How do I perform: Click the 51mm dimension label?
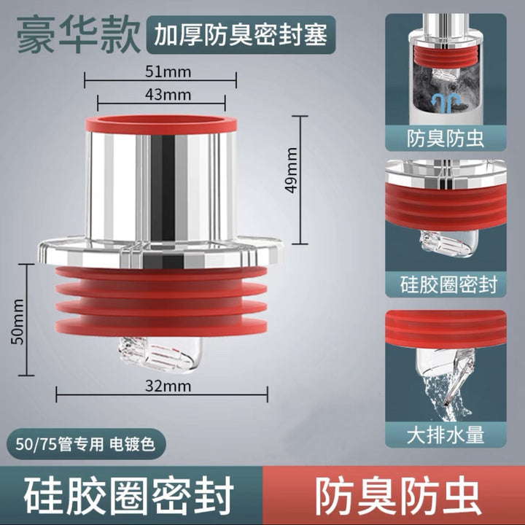pos(168,72)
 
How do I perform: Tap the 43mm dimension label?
pos(168,95)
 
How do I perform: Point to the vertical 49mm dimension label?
pos(291,170)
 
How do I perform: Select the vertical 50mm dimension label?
pos(17,322)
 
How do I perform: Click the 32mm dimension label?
pos(168,386)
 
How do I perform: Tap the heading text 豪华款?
pos(79,36)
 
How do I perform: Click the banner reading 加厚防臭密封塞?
pos(241,35)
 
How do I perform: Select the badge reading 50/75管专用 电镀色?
pos(85,444)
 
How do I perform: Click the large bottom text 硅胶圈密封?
pos(129,497)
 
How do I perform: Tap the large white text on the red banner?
pos(397,497)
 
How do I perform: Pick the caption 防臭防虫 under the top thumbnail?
pos(446,139)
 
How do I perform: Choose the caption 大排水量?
pos(446,435)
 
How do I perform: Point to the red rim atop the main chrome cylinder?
pos(161,125)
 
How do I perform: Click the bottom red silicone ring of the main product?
pos(161,326)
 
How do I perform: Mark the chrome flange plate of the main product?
pos(160,253)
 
